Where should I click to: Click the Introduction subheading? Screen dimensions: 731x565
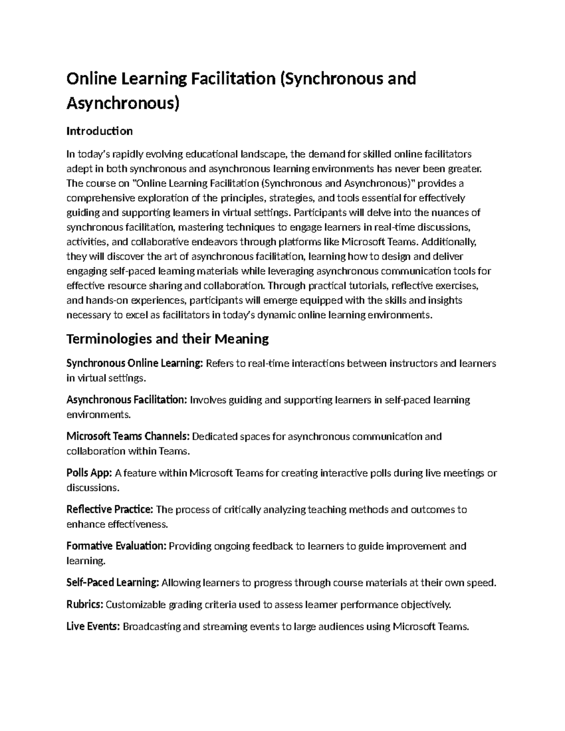[99, 131]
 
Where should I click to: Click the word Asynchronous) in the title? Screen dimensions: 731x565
[123, 103]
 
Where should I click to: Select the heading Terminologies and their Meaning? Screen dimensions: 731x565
[168, 338]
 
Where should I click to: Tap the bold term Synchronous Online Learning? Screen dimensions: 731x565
[135, 363]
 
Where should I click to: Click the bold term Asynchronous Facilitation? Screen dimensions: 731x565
[127, 400]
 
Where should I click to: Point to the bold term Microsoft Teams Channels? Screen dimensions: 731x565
[128, 436]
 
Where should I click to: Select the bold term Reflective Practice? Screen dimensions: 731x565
[110, 509]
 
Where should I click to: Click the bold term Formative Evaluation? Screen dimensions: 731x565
[116, 546]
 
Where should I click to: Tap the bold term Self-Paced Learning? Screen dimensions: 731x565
[113, 583]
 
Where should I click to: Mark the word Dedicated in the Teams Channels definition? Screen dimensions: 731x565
[215, 436]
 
